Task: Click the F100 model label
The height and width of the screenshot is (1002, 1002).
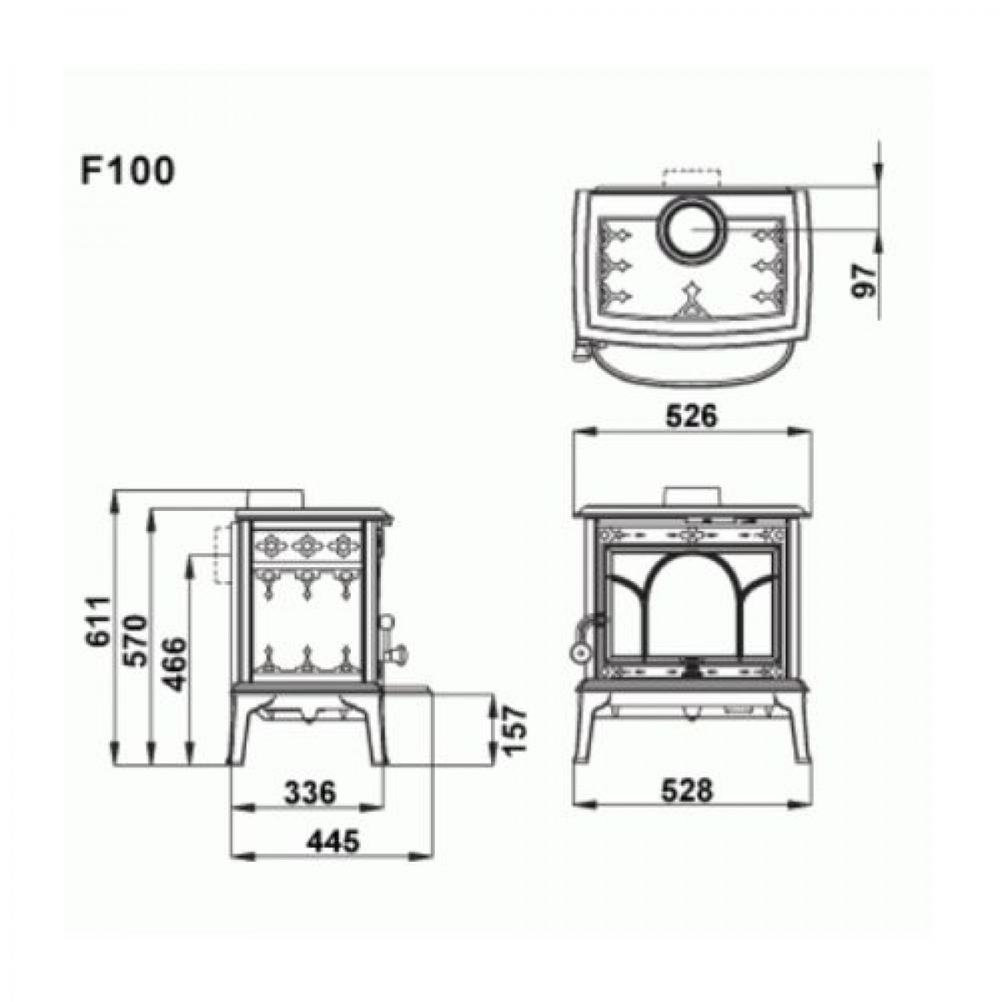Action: point(128,170)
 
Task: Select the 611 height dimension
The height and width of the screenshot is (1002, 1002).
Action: point(99,621)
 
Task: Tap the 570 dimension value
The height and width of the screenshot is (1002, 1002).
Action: point(135,640)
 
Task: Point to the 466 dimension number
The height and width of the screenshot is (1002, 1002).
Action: point(173,664)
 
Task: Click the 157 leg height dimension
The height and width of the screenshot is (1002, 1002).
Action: point(515,730)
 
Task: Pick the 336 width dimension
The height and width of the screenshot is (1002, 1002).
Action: point(311,793)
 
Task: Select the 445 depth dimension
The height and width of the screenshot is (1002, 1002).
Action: point(333,842)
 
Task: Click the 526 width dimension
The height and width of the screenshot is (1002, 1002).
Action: point(691,416)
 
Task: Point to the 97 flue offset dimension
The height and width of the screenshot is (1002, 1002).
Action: point(863,281)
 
